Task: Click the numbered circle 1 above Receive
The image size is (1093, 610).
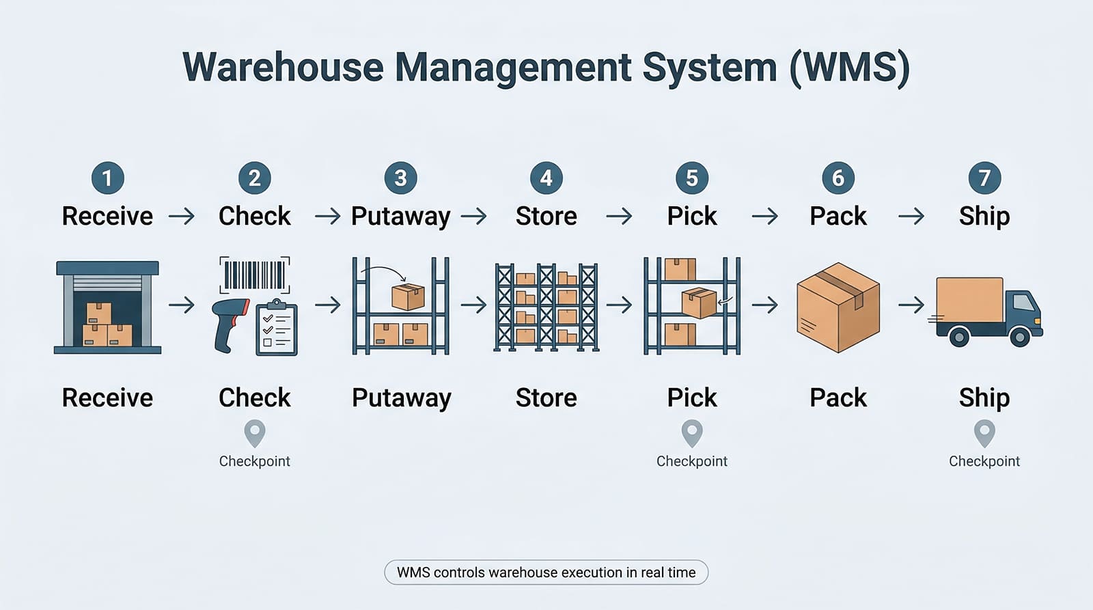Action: click(x=108, y=178)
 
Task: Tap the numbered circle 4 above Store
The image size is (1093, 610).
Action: click(x=546, y=178)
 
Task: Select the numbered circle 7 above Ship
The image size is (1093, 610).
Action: click(x=984, y=178)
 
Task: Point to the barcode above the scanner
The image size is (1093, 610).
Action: click(x=254, y=275)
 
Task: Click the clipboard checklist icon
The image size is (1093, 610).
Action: click(x=277, y=328)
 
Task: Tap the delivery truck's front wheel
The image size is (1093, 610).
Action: click(x=1020, y=337)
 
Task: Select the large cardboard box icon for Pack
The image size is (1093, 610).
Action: click(x=838, y=307)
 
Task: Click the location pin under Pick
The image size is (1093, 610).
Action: click(x=692, y=432)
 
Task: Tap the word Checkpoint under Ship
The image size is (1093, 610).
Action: click(x=984, y=461)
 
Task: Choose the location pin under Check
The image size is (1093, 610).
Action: click(x=255, y=432)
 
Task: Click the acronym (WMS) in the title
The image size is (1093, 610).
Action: click(x=849, y=68)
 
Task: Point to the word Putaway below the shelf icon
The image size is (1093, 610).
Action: click(x=401, y=398)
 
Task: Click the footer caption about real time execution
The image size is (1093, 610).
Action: click(x=546, y=572)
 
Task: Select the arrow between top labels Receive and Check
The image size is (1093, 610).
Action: click(x=182, y=217)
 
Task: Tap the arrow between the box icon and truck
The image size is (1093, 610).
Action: click(x=911, y=305)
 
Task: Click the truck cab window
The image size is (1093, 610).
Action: click(x=1023, y=301)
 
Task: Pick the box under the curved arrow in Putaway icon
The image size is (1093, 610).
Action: click(x=408, y=297)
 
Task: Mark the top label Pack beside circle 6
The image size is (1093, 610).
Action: click(x=838, y=217)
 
